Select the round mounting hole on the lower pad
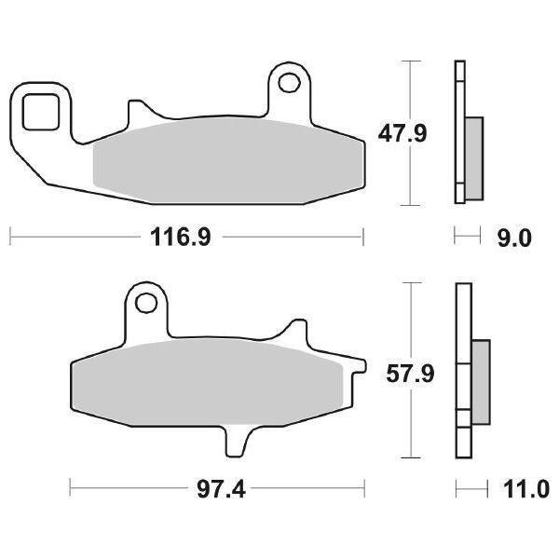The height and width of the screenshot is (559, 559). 144,303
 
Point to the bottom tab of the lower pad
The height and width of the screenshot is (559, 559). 237,437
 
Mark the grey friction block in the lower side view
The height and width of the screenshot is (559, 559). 482,377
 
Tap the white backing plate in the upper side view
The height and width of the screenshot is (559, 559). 458,130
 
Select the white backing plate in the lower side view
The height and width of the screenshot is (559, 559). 460,373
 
